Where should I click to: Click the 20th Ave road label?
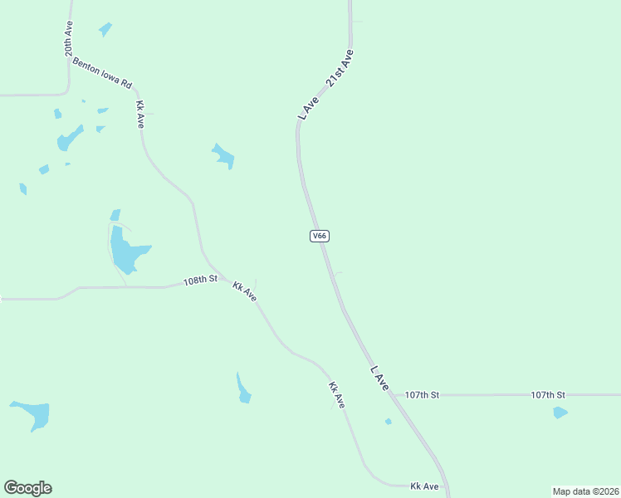69,39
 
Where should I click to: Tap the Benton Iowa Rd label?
102,73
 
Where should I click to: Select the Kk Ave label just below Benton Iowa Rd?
141,114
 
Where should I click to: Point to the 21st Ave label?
340,70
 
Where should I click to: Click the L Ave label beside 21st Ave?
309,107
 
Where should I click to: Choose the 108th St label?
200,281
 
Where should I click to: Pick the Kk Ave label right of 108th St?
244,291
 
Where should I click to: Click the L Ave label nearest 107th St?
379,378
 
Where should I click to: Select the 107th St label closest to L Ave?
422,395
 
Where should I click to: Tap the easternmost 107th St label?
548,395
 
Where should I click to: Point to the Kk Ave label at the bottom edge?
424,486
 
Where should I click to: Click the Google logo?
27,488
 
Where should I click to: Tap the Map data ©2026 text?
585,491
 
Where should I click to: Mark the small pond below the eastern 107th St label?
560,413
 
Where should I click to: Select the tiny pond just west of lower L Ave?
388,422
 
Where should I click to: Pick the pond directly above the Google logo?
32,413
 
